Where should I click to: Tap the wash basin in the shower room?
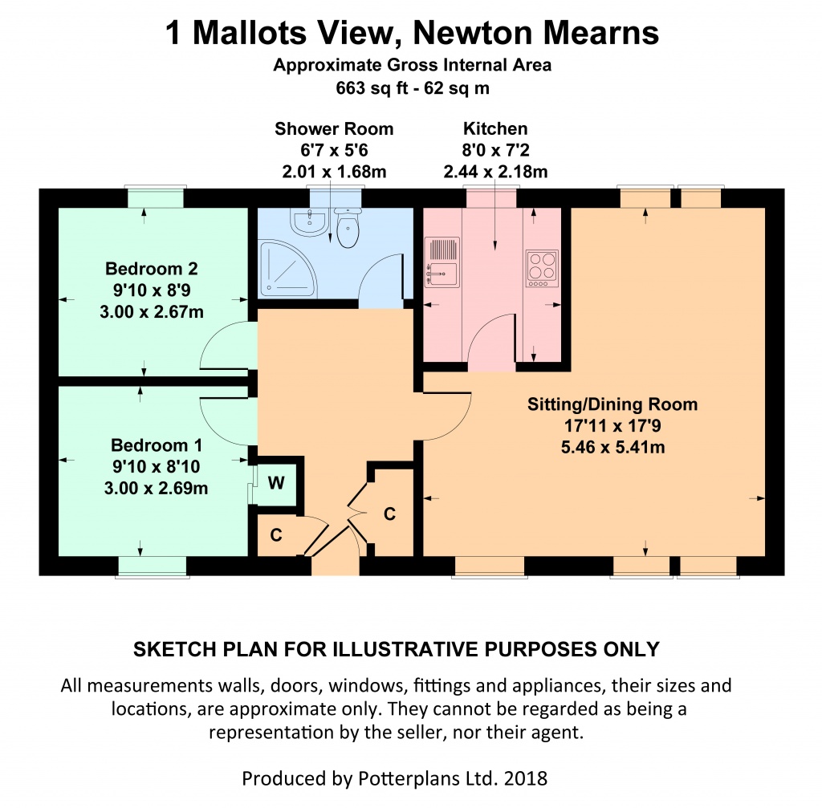310,223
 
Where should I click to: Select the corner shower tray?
287,267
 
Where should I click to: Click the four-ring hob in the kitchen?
542,268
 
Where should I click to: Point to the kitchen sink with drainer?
442,262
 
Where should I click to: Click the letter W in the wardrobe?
276,482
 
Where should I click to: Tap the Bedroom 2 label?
152,268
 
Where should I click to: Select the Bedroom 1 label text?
157,445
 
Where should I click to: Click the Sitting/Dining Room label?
612,404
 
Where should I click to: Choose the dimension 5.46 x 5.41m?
612,448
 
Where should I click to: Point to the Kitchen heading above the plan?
494,128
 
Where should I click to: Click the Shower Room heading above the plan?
334,129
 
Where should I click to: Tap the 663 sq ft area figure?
372,87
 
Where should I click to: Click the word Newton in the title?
473,33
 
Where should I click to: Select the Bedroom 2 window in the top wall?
155,197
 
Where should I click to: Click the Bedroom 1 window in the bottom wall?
153,566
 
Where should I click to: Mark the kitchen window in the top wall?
491,197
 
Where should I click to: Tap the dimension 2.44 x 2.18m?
495,172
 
